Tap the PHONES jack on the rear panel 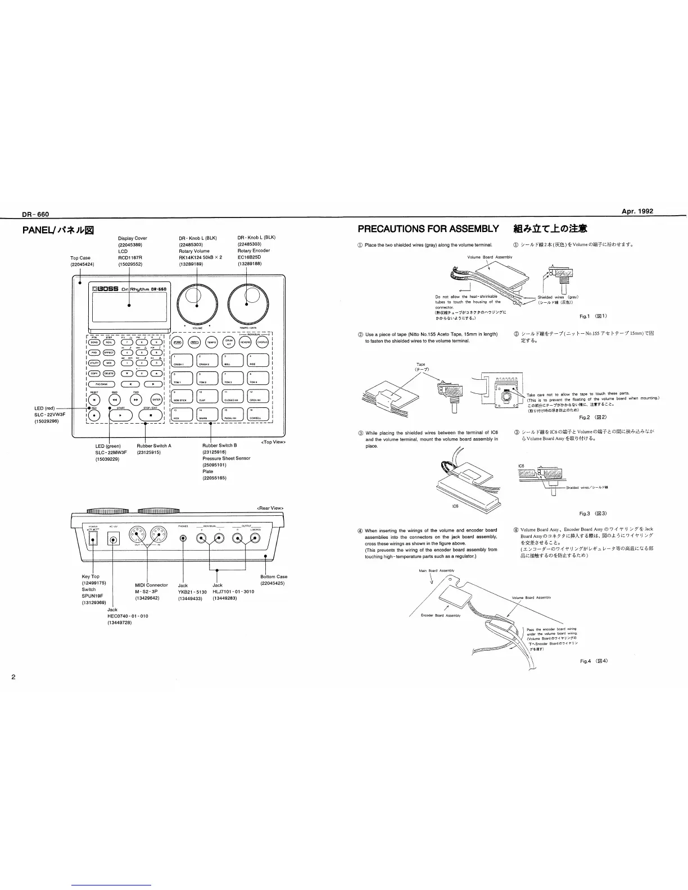pos(183,539)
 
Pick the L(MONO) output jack pos(255,539)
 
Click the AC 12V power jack pos(114,539)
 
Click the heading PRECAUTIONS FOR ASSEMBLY pos(428,229)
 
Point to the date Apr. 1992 pos(637,212)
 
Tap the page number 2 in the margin pos(13,675)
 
